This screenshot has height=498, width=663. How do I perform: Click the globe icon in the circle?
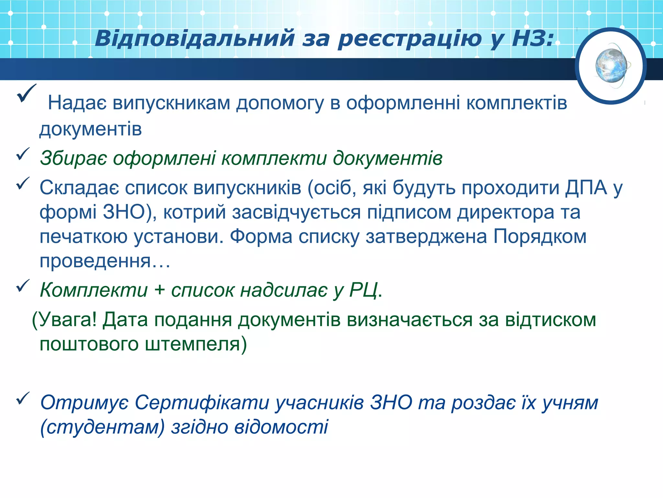pos(611,66)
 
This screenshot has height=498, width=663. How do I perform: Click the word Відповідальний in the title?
pos(194,39)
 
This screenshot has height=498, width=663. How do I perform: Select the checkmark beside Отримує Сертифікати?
pos(23,398)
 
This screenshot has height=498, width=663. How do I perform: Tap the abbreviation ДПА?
pos(586,188)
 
